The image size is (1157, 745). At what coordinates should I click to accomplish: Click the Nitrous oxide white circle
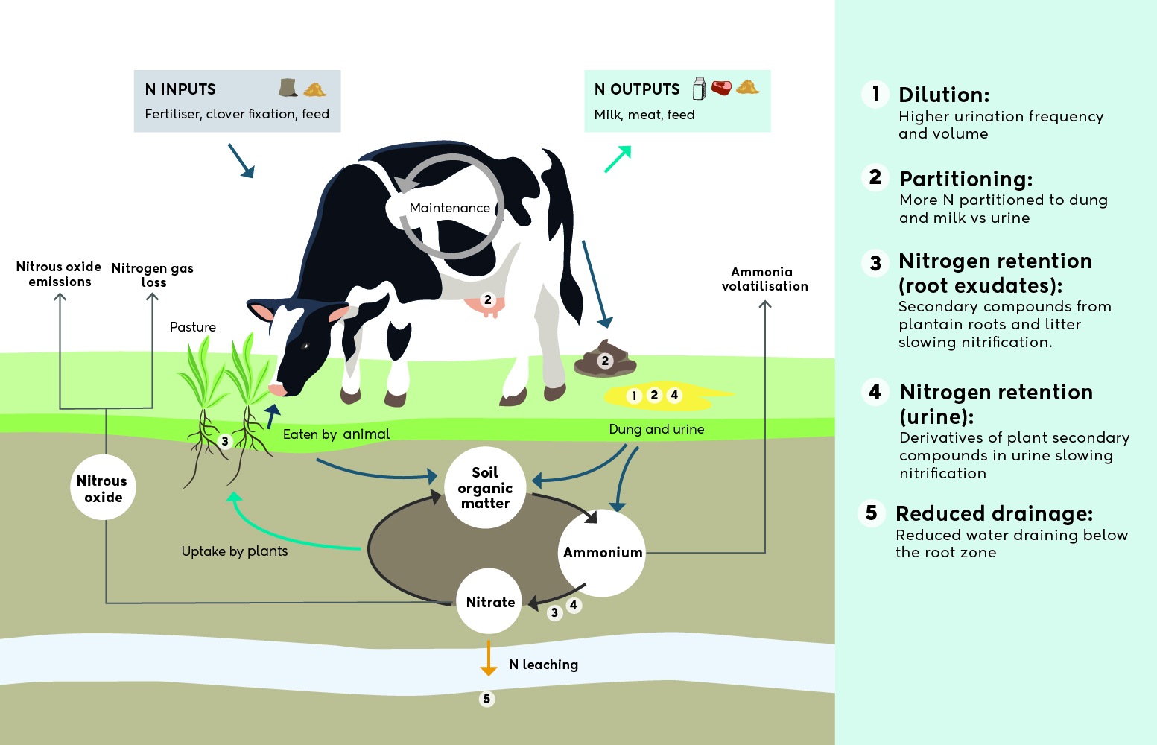103,488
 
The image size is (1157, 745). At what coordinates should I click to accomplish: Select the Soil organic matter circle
485,488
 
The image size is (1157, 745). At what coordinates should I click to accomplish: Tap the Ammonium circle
602,552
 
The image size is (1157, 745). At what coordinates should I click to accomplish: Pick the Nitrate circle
489,601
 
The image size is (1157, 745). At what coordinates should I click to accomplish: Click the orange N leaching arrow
489,659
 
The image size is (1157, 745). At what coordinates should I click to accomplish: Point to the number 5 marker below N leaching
486,699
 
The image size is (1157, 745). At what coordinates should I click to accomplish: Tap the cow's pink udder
484,304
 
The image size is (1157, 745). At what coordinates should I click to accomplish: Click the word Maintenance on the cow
449,208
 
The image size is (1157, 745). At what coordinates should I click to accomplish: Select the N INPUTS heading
180,89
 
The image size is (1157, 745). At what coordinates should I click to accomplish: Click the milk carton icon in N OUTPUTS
699,89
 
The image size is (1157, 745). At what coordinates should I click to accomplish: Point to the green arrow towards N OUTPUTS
618,159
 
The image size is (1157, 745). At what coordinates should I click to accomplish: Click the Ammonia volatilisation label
764,279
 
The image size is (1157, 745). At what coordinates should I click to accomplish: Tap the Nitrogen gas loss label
153,275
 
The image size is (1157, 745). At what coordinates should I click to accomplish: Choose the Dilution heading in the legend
944,95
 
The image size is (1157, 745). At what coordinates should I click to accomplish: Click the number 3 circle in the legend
875,263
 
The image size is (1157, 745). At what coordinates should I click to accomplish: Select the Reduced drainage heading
994,514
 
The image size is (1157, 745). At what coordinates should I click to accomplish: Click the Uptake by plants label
235,551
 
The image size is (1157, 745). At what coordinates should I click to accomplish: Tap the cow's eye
305,346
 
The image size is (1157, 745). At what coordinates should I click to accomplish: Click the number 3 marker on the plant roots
224,441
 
